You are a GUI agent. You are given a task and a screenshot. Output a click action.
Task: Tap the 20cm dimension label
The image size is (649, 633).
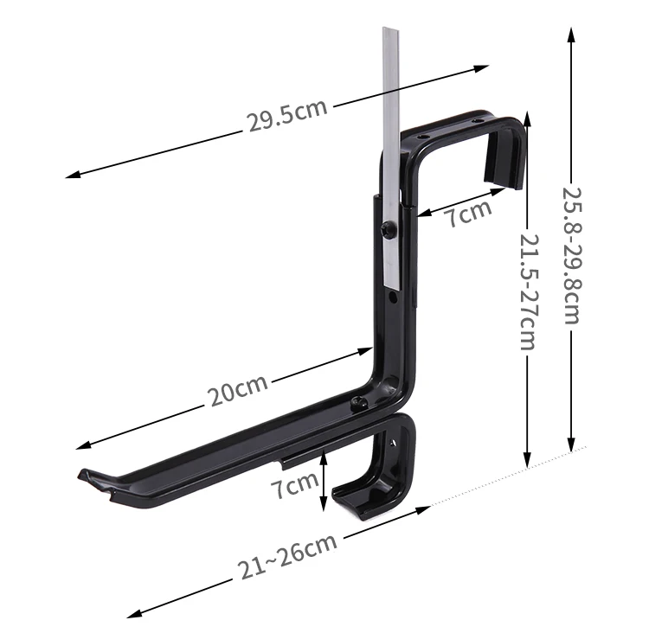coord(237,390)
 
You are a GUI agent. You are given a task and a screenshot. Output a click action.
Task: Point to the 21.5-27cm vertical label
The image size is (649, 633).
coord(529,292)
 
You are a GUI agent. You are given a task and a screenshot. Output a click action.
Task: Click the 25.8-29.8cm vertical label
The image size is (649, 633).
coord(573,255)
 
